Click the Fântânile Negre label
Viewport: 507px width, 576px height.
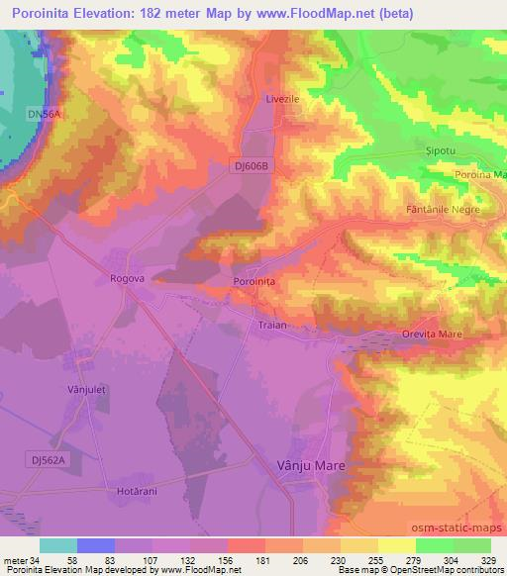[443, 210]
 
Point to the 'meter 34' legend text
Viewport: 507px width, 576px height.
[21, 560]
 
